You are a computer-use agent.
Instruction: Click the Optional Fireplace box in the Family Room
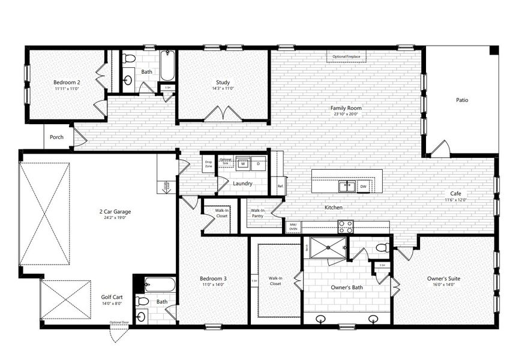pyautogui.click(x=347, y=56)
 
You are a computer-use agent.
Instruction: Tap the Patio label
pyautogui.click(x=461, y=100)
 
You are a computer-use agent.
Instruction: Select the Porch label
pyautogui.click(x=56, y=137)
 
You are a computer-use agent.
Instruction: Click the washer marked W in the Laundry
pyautogui.click(x=244, y=163)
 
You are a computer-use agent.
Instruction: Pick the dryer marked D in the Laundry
pyautogui.click(x=259, y=163)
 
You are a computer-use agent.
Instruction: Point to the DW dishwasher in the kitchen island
pyautogui.click(x=363, y=187)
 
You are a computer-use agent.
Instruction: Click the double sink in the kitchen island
pyautogui.click(x=346, y=186)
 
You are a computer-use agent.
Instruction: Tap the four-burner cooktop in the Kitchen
pyautogui.click(x=345, y=227)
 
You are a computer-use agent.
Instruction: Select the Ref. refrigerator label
pyautogui.click(x=280, y=186)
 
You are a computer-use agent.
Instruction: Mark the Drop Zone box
pyautogui.click(x=208, y=163)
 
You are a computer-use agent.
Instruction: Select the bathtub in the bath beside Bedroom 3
pyautogui.click(x=160, y=284)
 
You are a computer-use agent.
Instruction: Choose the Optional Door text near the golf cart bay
pyautogui.click(x=119, y=323)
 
